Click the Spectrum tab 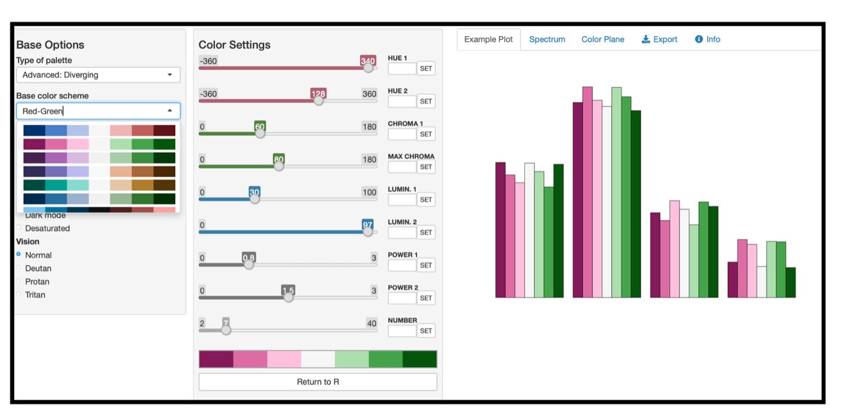point(547,39)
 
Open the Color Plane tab point(603,39)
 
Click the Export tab point(659,39)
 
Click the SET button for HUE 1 point(426,69)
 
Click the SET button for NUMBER point(426,331)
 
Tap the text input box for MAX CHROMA point(402,167)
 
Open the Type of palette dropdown point(98,75)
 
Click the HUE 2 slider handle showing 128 point(318,101)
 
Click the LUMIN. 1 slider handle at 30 point(255,199)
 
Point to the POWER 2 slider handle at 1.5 point(289,297)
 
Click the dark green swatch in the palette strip point(419,359)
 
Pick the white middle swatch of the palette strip point(318,359)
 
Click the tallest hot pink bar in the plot point(587,192)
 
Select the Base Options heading point(50,45)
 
